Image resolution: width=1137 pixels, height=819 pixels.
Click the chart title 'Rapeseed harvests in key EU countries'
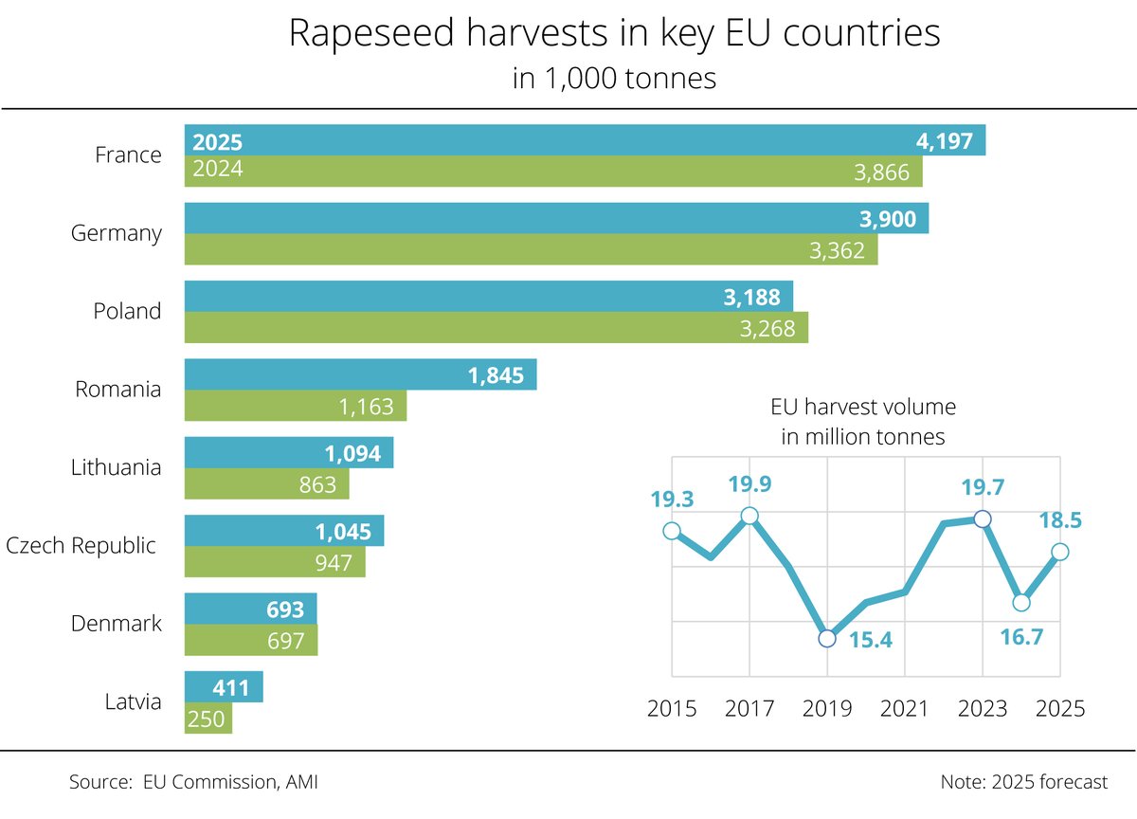pyautogui.click(x=614, y=33)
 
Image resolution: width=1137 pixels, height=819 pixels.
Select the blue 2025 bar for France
pyautogui.click(x=585, y=140)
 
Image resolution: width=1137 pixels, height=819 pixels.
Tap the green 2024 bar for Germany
pyautogui.click(x=531, y=249)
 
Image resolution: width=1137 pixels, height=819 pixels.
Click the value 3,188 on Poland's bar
pyautogui.click(x=751, y=298)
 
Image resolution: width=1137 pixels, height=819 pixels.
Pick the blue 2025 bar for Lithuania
pyautogui.click(x=288, y=453)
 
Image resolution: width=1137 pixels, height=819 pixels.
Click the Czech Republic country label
pyautogui.click(x=81, y=546)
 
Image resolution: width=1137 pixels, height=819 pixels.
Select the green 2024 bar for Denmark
pyautogui.click(x=250, y=641)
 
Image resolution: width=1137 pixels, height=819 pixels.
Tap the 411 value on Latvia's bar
pyautogui.click(x=230, y=687)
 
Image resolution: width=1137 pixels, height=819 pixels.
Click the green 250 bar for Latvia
pyautogui.click(x=208, y=719)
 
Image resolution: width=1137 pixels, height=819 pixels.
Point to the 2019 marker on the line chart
pyautogui.click(x=827, y=638)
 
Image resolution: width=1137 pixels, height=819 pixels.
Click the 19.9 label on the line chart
pyautogui.click(x=749, y=485)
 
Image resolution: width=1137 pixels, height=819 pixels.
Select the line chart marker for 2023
pyautogui.click(x=983, y=519)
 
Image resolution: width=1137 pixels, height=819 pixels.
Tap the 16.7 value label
pyautogui.click(x=1020, y=636)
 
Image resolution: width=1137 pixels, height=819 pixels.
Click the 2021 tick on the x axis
pyautogui.click(x=904, y=708)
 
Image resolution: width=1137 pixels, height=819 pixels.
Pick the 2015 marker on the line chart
pyautogui.click(x=672, y=531)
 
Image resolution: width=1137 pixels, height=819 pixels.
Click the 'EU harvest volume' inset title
pyautogui.click(x=862, y=408)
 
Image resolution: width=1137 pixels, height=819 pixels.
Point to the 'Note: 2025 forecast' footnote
pyautogui.click(x=1023, y=782)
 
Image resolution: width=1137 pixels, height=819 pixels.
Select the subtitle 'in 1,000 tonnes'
pyautogui.click(x=614, y=78)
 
